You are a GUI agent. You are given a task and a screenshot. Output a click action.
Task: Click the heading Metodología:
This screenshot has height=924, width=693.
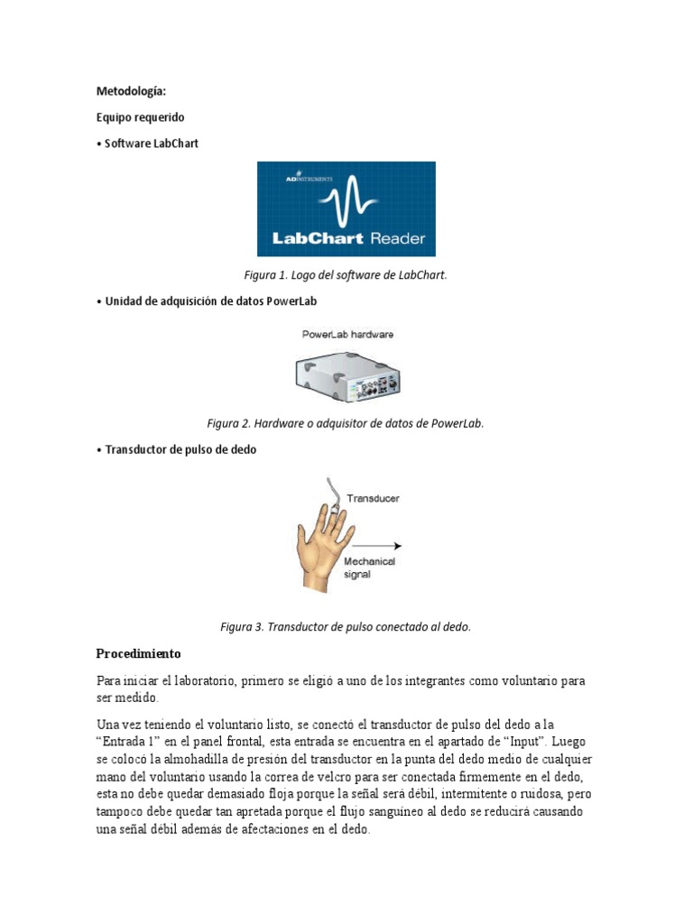click(x=131, y=91)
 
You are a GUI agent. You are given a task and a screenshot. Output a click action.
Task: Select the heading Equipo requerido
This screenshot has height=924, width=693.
click(x=140, y=117)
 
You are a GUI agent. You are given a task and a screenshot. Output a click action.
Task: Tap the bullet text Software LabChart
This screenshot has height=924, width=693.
click(x=147, y=143)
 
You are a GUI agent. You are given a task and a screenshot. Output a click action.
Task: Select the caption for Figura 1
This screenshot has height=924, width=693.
click(x=346, y=275)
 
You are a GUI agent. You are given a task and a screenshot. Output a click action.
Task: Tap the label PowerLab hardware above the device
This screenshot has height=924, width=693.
click(x=347, y=334)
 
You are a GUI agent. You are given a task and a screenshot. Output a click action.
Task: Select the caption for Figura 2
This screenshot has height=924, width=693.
click(x=346, y=423)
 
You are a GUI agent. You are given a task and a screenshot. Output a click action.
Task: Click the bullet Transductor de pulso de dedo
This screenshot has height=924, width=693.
click(x=176, y=449)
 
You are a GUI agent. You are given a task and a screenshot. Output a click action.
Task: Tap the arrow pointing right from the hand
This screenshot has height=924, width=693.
click(x=377, y=545)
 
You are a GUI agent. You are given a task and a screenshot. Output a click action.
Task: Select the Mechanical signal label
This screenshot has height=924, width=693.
click(x=369, y=568)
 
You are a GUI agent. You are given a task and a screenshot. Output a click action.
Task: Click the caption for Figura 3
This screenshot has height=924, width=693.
click(x=346, y=626)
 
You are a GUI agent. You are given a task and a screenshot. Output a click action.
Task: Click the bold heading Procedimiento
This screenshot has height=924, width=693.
click(x=138, y=653)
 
